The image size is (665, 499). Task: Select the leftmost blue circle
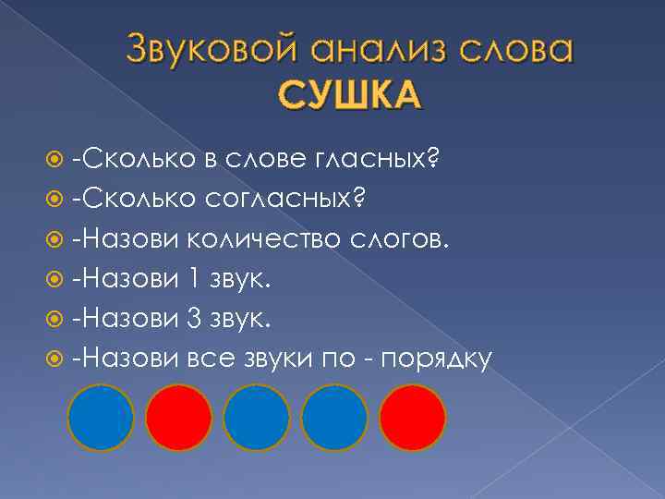[x=102, y=418]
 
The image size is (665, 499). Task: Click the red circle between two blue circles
[x=179, y=418]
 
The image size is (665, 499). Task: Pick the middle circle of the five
[x=257, y=418]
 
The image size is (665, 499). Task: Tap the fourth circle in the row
[x=334, y=418]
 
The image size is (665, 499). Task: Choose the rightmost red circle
[x=412, y=418]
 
